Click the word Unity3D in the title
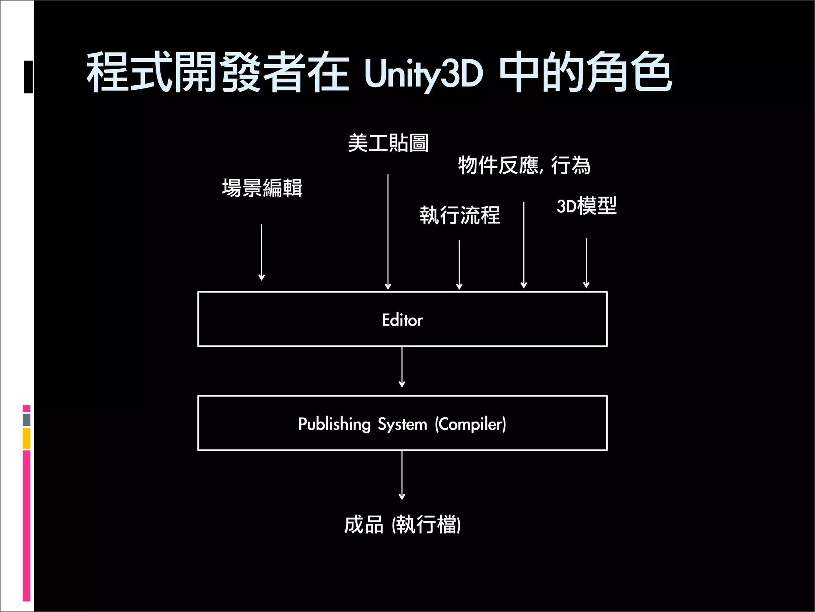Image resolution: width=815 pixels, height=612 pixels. (423, 74)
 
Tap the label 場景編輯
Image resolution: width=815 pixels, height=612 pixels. (262, 188)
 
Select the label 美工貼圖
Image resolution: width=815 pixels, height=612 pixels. (388, 143)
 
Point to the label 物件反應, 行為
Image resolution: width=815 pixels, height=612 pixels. (524, 165)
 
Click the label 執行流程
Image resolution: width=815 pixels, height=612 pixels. (460, 215)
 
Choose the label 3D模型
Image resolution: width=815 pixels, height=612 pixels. (586, 206)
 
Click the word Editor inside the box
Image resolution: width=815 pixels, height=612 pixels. (402, 320)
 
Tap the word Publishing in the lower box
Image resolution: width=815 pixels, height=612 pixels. (334, 424)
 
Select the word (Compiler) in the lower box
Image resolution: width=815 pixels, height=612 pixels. (470, 424)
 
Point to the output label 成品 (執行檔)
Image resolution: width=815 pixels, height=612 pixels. (402, 524)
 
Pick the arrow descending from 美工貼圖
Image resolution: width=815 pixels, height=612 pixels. (388, 231)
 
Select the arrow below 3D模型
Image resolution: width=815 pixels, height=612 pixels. (586, 263)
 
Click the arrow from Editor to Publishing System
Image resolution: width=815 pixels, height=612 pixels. (402, 367)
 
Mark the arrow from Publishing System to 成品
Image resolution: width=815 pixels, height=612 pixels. (402, 475)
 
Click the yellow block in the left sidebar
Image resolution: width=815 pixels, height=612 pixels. (27, 438)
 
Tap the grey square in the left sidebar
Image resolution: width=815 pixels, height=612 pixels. (27, 420)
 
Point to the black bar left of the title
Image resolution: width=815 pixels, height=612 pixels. (28, 77)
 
